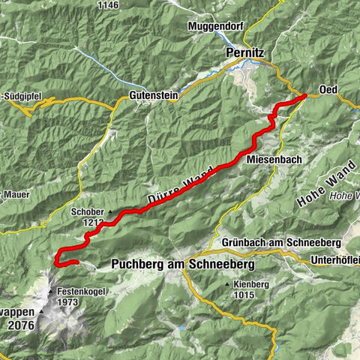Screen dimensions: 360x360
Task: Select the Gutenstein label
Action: (153, 97)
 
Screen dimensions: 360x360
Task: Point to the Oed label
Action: (328, 90)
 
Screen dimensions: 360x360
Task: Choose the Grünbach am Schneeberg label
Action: (281, 243)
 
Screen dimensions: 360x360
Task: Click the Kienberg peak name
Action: (250, 285)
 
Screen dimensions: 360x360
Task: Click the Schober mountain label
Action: (87, 212)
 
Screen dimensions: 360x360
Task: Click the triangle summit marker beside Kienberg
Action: (226, 286)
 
